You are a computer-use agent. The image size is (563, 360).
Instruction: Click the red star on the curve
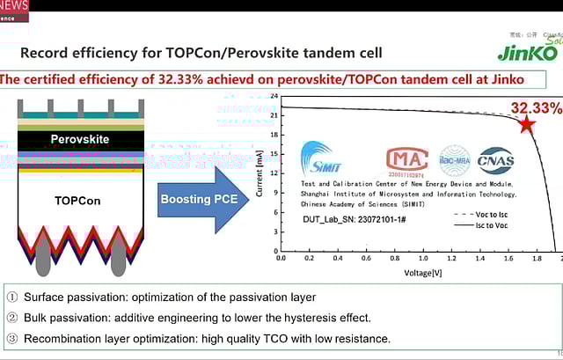pyautogui.click(x=527, y=124)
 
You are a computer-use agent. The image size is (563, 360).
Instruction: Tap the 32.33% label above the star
pyautogui.click(x=536, y=107)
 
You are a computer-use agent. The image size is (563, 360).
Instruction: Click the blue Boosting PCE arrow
pyautogui.click(x=200, y=200)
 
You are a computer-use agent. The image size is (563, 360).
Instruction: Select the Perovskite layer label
pyautogui.click(x=81, y=139)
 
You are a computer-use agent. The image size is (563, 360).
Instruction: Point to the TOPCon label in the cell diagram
pyautogui.click(x=77, y=200)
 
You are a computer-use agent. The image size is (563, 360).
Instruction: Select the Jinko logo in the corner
pyautogui.click(x=528, y=51)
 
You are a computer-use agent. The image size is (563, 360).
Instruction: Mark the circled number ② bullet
pyautogui.click(x=11, y=318)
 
